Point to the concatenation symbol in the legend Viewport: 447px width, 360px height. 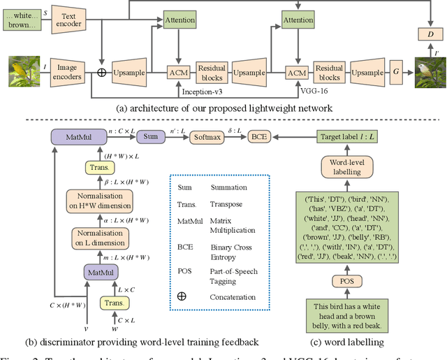[182, 296]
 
